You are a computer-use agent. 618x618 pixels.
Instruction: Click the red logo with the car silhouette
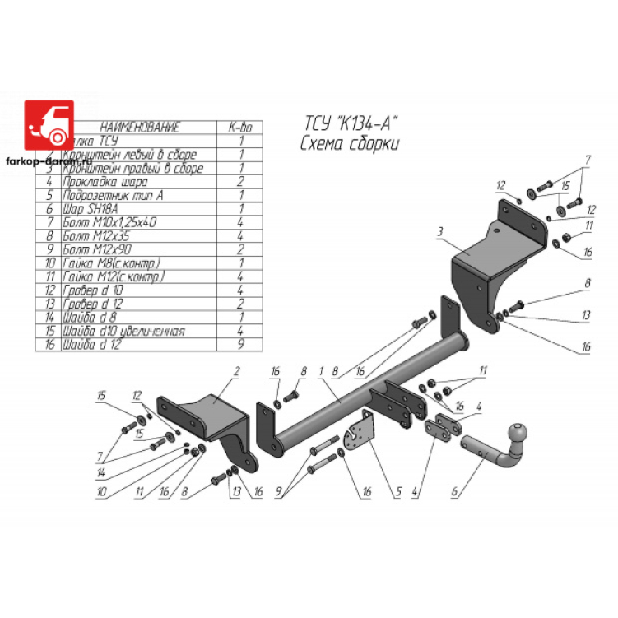click(x=49, y=124)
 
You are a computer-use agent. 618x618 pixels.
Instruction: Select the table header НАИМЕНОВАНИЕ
click(x=139, y=128)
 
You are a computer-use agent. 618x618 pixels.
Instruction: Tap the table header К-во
click(x=240, y=128)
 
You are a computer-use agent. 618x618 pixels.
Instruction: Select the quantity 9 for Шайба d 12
click(x=241, y=345)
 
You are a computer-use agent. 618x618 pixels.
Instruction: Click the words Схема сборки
click(x=350, y=144)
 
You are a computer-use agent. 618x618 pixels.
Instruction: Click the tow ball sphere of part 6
click(x=521, y=433)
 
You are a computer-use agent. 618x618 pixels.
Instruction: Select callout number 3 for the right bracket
click(x=441, y=232)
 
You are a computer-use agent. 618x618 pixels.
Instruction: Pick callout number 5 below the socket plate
click(x=398, y=494)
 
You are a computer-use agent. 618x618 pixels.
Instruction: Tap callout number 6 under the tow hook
click(x=453, y=494)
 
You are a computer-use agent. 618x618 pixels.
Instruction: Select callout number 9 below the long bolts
click(x=280, y=494)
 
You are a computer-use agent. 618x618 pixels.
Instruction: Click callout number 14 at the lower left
click(x=98, y=474)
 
